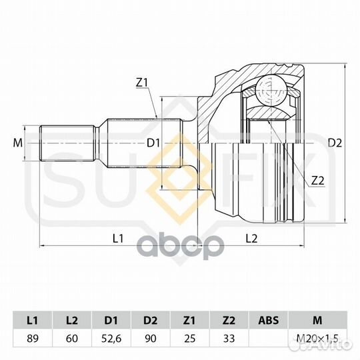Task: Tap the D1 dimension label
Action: (153, 143)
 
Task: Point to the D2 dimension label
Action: (335, 143)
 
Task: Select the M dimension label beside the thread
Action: (18, 143)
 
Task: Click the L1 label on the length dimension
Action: (118, 239)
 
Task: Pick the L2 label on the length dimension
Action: (251, 239)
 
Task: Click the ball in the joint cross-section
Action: (271, 91)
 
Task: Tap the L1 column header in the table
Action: (33, 320)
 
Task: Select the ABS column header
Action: (268, 320)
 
